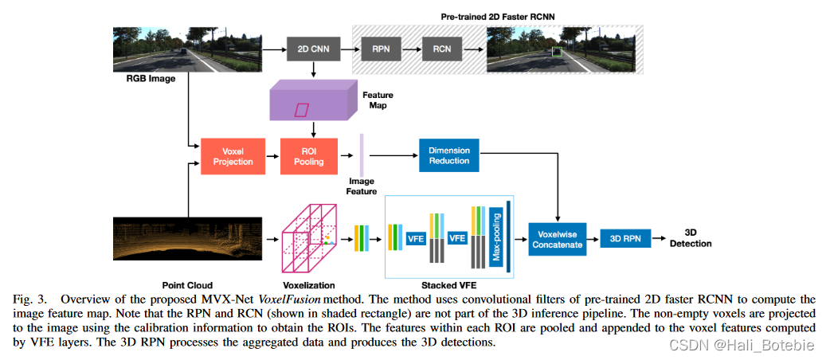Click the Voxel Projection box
[x=232, y=156]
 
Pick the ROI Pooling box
[x=309, y=156]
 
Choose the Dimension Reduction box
[x=449, y=155]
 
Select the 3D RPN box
[x=624, y=237]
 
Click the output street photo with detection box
[x=562, y=50]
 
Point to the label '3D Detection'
[x=691, y=238]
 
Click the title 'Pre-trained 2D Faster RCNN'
[x=497, y=15]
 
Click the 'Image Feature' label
[x=362, y=186]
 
